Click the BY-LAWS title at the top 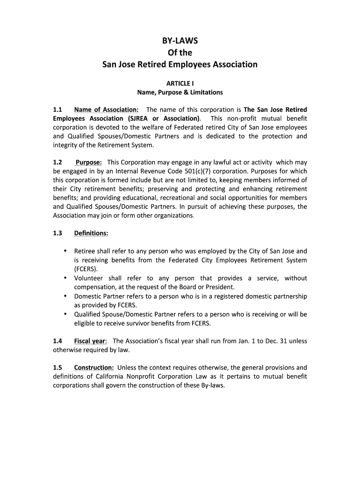tap(180, 41)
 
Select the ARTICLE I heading tap(180, 83)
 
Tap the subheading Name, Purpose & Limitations tap(180, 92)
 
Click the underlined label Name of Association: tap(106, 110)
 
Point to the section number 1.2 tap(58, 163)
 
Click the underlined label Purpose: tap(89, 163)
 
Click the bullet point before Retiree tap(65, 251)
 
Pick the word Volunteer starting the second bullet tap(89, 278)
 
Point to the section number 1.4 tap(58, 341)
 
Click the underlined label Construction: tap(94, 368)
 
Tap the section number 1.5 tap(58, 368)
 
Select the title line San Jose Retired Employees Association tap(180, 64)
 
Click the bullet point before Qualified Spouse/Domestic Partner tap(65, 314)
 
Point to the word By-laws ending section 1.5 tap(212, 386)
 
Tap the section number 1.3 tap(58, 233)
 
